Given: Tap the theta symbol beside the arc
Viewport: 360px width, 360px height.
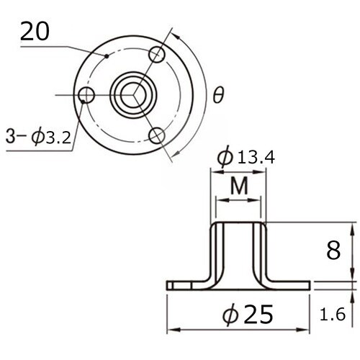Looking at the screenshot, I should pos(217,94).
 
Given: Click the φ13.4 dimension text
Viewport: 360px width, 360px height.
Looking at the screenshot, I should pos(246,157).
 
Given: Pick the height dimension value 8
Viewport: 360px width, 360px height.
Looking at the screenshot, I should pos(333,251).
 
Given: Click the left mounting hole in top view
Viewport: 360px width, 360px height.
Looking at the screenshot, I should pos(87,95).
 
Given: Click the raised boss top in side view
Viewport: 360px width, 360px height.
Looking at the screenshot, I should pos(238,223).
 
